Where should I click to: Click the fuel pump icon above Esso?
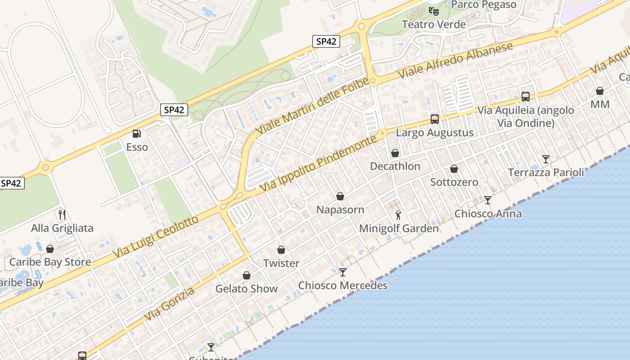click(136, 133)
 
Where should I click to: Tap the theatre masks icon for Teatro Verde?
click(433, 10)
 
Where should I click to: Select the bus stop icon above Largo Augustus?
click(435, 119)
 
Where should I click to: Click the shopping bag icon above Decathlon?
click(395, 153)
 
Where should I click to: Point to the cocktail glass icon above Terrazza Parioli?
click(546, 159)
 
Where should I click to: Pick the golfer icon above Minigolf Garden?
click(398, 215)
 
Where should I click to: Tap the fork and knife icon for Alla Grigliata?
click(62, 215)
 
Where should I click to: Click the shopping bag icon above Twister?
click(281, 250)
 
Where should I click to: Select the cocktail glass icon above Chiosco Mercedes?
click(343, 272)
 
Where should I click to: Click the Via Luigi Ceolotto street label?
click(155, 237)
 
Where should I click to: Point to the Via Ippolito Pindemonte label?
click(318, 162)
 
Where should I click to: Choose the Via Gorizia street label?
click(170, 304)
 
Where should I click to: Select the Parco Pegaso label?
click(483, 4)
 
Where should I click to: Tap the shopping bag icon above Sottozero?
click(454, 169)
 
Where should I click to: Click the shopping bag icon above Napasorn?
click(340, 196)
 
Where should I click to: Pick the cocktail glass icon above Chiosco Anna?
click(488, 200)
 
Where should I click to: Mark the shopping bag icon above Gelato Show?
click(247, 275)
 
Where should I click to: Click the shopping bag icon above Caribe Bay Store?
click(50, 249)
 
